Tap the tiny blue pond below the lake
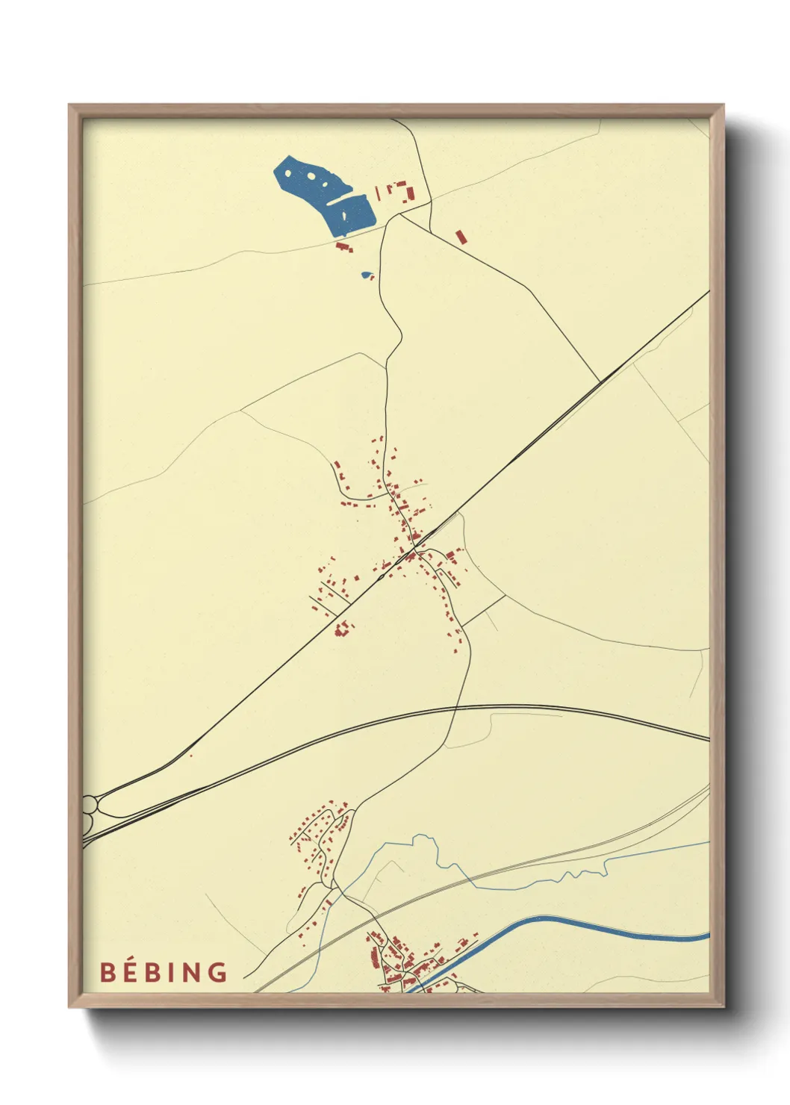pyautogui.click(x=366, y=275)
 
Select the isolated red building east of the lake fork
pyautogui.click(x=461, y=236)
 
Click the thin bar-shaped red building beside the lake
pyautogui.click(x=378, y=193)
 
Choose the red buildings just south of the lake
pyautogui.click(x=343, y=246)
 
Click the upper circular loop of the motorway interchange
pyautogui.click(x=90, y=804)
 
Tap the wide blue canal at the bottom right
pyautogui.click(x=597, y=926)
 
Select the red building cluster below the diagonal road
pyautogui.click(x=342, y=629)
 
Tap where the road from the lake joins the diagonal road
pyautogui.click(x=601, y=382)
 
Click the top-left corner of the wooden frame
pyautogui.click(x=69, y=105)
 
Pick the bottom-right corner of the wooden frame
pyautogui.click(x=723, y=1006)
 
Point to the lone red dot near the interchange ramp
pyautogui.click(x=191, y=756)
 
